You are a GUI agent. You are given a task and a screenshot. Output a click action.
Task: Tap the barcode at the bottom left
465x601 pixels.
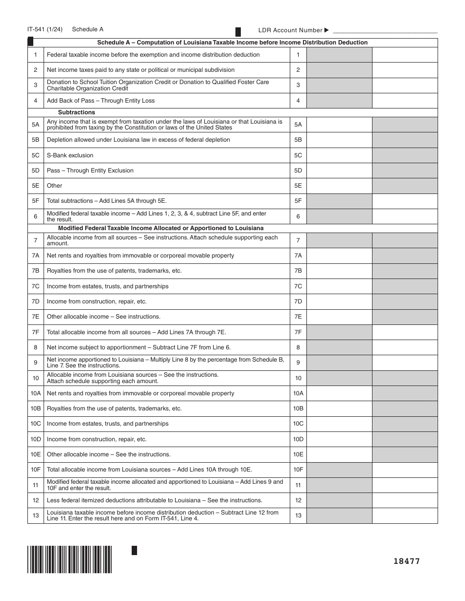click(70, 559)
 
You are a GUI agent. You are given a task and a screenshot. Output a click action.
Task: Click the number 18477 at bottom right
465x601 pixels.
click(406, 561)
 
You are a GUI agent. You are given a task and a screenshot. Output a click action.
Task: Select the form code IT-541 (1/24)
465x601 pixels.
click(45, 29)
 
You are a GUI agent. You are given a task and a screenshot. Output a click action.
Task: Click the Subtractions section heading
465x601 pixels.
click(76, 112)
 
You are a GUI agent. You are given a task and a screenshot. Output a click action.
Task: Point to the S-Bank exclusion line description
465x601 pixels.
click(70, 155)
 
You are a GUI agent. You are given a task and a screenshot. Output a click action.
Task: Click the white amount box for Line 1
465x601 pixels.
click(405, 55)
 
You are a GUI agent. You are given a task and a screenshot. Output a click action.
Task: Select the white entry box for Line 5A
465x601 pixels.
click(339, 125)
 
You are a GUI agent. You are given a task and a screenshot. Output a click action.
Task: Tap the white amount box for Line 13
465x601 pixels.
click(405, 515)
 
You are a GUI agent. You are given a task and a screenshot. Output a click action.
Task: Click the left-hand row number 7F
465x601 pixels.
click(36, 332)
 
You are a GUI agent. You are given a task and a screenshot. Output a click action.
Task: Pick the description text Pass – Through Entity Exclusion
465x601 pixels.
click(90, 171)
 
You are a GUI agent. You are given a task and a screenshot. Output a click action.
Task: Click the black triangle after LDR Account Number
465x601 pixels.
click(327, 30)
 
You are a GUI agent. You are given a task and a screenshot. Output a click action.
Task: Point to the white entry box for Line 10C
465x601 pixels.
click(339, 424)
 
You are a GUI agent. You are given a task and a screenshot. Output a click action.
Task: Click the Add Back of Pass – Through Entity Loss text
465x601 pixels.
click(100, 101)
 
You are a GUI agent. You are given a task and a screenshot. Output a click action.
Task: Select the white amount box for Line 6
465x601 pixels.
click(405, 216)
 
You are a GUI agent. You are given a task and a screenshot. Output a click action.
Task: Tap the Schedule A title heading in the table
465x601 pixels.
click(232, 43)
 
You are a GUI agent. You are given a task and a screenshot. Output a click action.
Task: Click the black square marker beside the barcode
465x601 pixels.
click(134, 550)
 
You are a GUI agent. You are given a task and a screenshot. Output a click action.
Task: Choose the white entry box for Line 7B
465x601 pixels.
click(339, 271)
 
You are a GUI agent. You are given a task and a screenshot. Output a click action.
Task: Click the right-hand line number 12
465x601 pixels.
click(298, 500)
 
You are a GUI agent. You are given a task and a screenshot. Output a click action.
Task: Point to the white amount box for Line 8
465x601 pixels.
click(405, 347)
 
